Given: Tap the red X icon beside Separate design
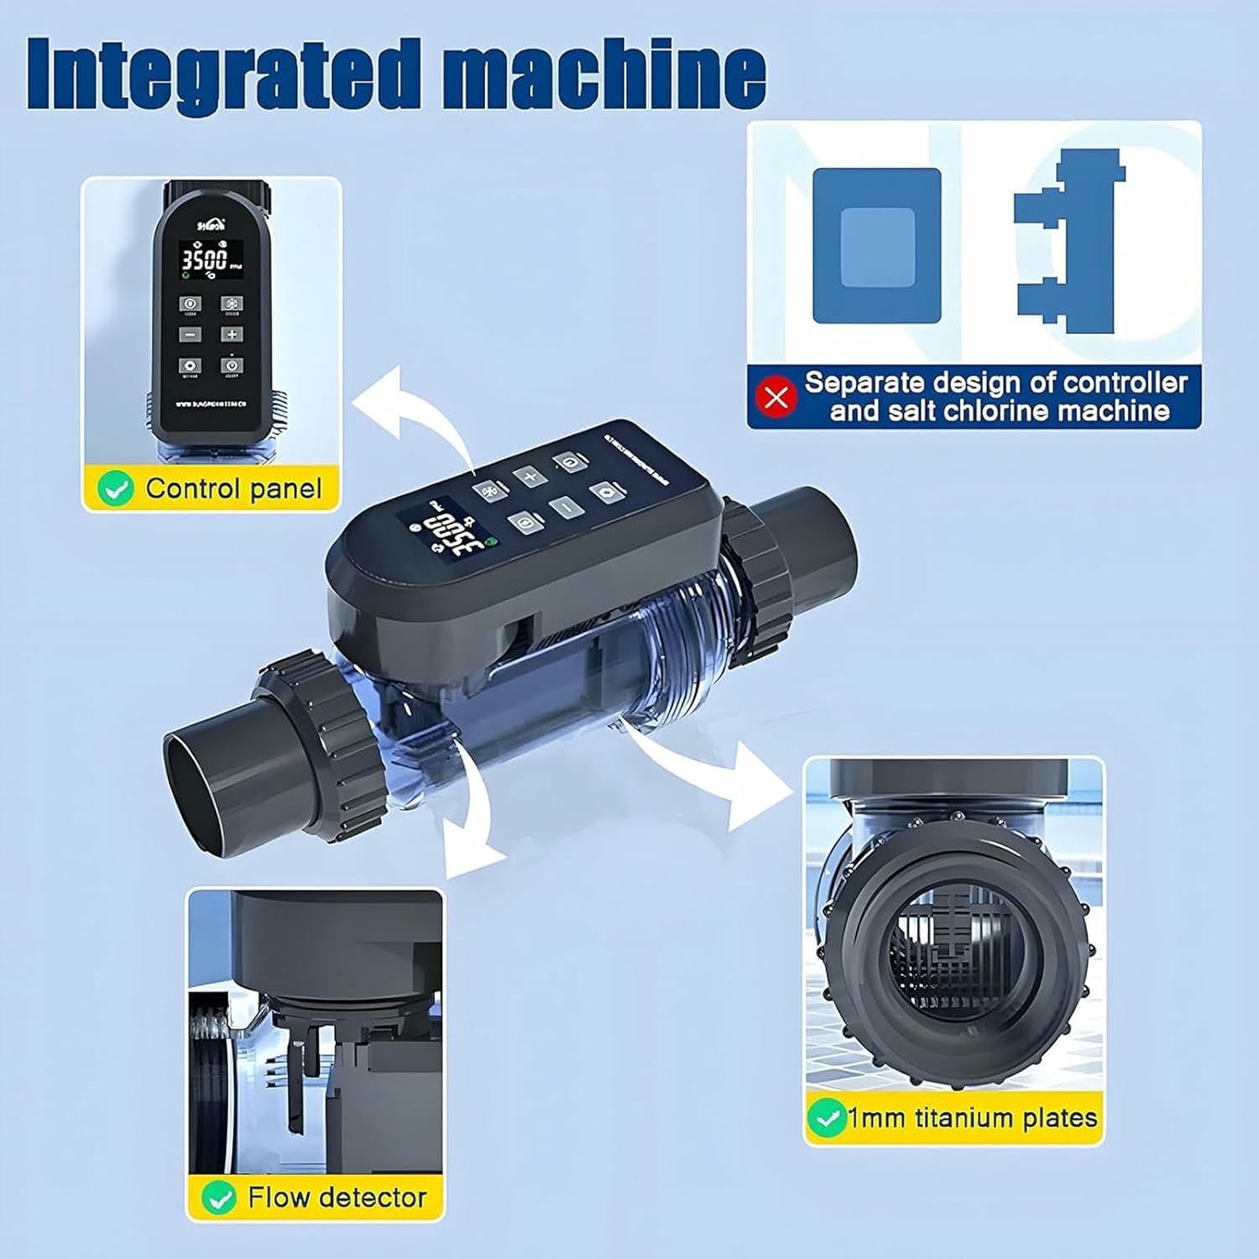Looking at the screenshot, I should coord(776,396).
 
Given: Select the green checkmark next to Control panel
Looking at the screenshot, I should coord(115,488).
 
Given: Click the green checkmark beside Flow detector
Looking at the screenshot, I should coord(219,1198).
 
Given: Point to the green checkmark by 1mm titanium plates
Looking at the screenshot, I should coord(826,1118).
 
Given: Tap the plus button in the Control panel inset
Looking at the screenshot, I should coord(232,334).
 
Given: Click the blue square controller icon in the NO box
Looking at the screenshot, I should coord(876,246).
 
